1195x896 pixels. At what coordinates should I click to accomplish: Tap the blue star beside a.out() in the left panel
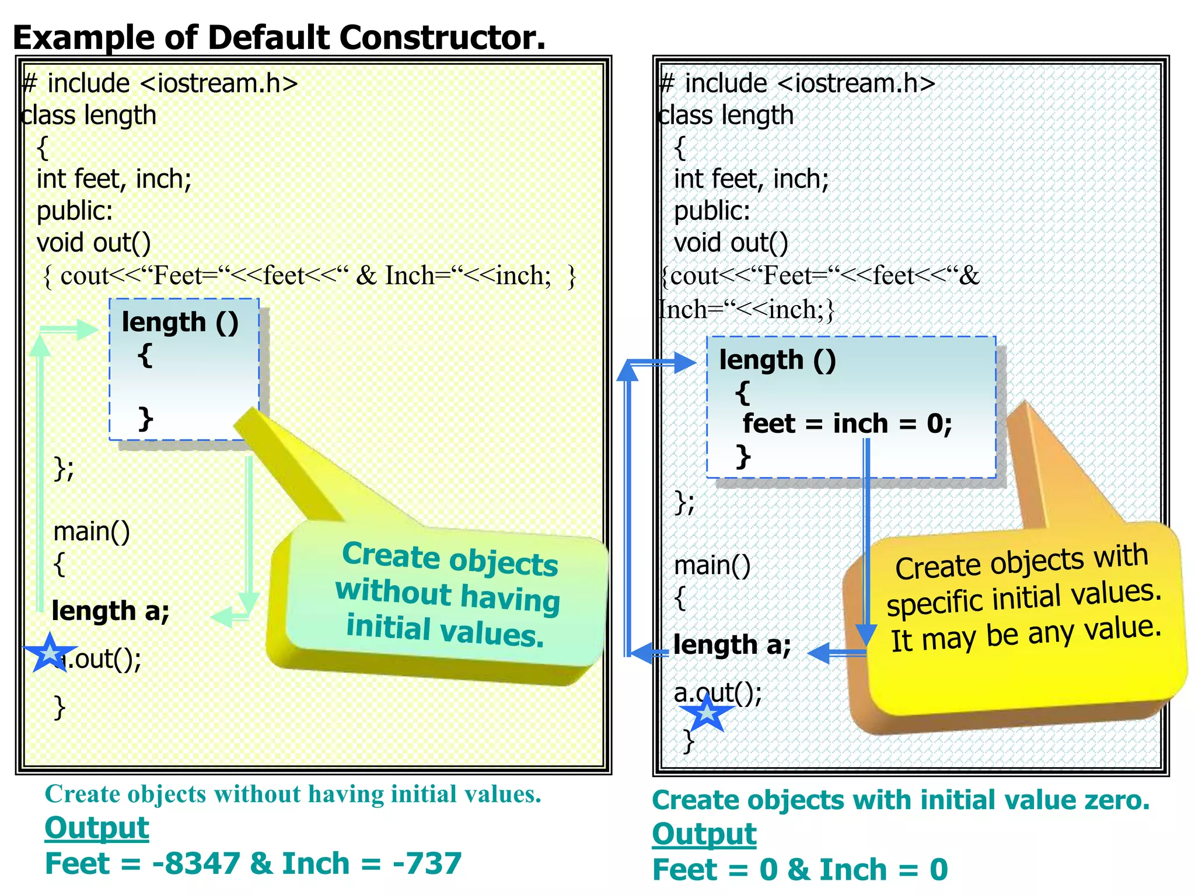pos(50,652)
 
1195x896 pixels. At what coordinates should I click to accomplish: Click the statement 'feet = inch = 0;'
pos(847,423)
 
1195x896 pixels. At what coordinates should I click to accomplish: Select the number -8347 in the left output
pos(196,863)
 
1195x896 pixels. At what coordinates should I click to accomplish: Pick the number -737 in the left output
pos(427,863)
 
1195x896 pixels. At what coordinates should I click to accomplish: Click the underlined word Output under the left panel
pos(97,828)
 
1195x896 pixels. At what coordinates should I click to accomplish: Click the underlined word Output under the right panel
pos(704,834)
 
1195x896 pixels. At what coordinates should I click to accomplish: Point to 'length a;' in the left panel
pos(110,611)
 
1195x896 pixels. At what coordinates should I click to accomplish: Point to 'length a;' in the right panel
pos(732,645)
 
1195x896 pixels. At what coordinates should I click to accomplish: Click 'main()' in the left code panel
pos(92,531)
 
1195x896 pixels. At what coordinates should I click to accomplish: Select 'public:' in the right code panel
pos(712,211)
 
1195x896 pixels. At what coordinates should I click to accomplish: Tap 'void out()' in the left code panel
pos(93,243)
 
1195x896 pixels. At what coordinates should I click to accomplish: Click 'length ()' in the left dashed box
pos(180,323)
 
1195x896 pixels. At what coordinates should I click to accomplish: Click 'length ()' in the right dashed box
pos(777,360)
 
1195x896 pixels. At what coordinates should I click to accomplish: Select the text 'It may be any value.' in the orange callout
pos(1026,632)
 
